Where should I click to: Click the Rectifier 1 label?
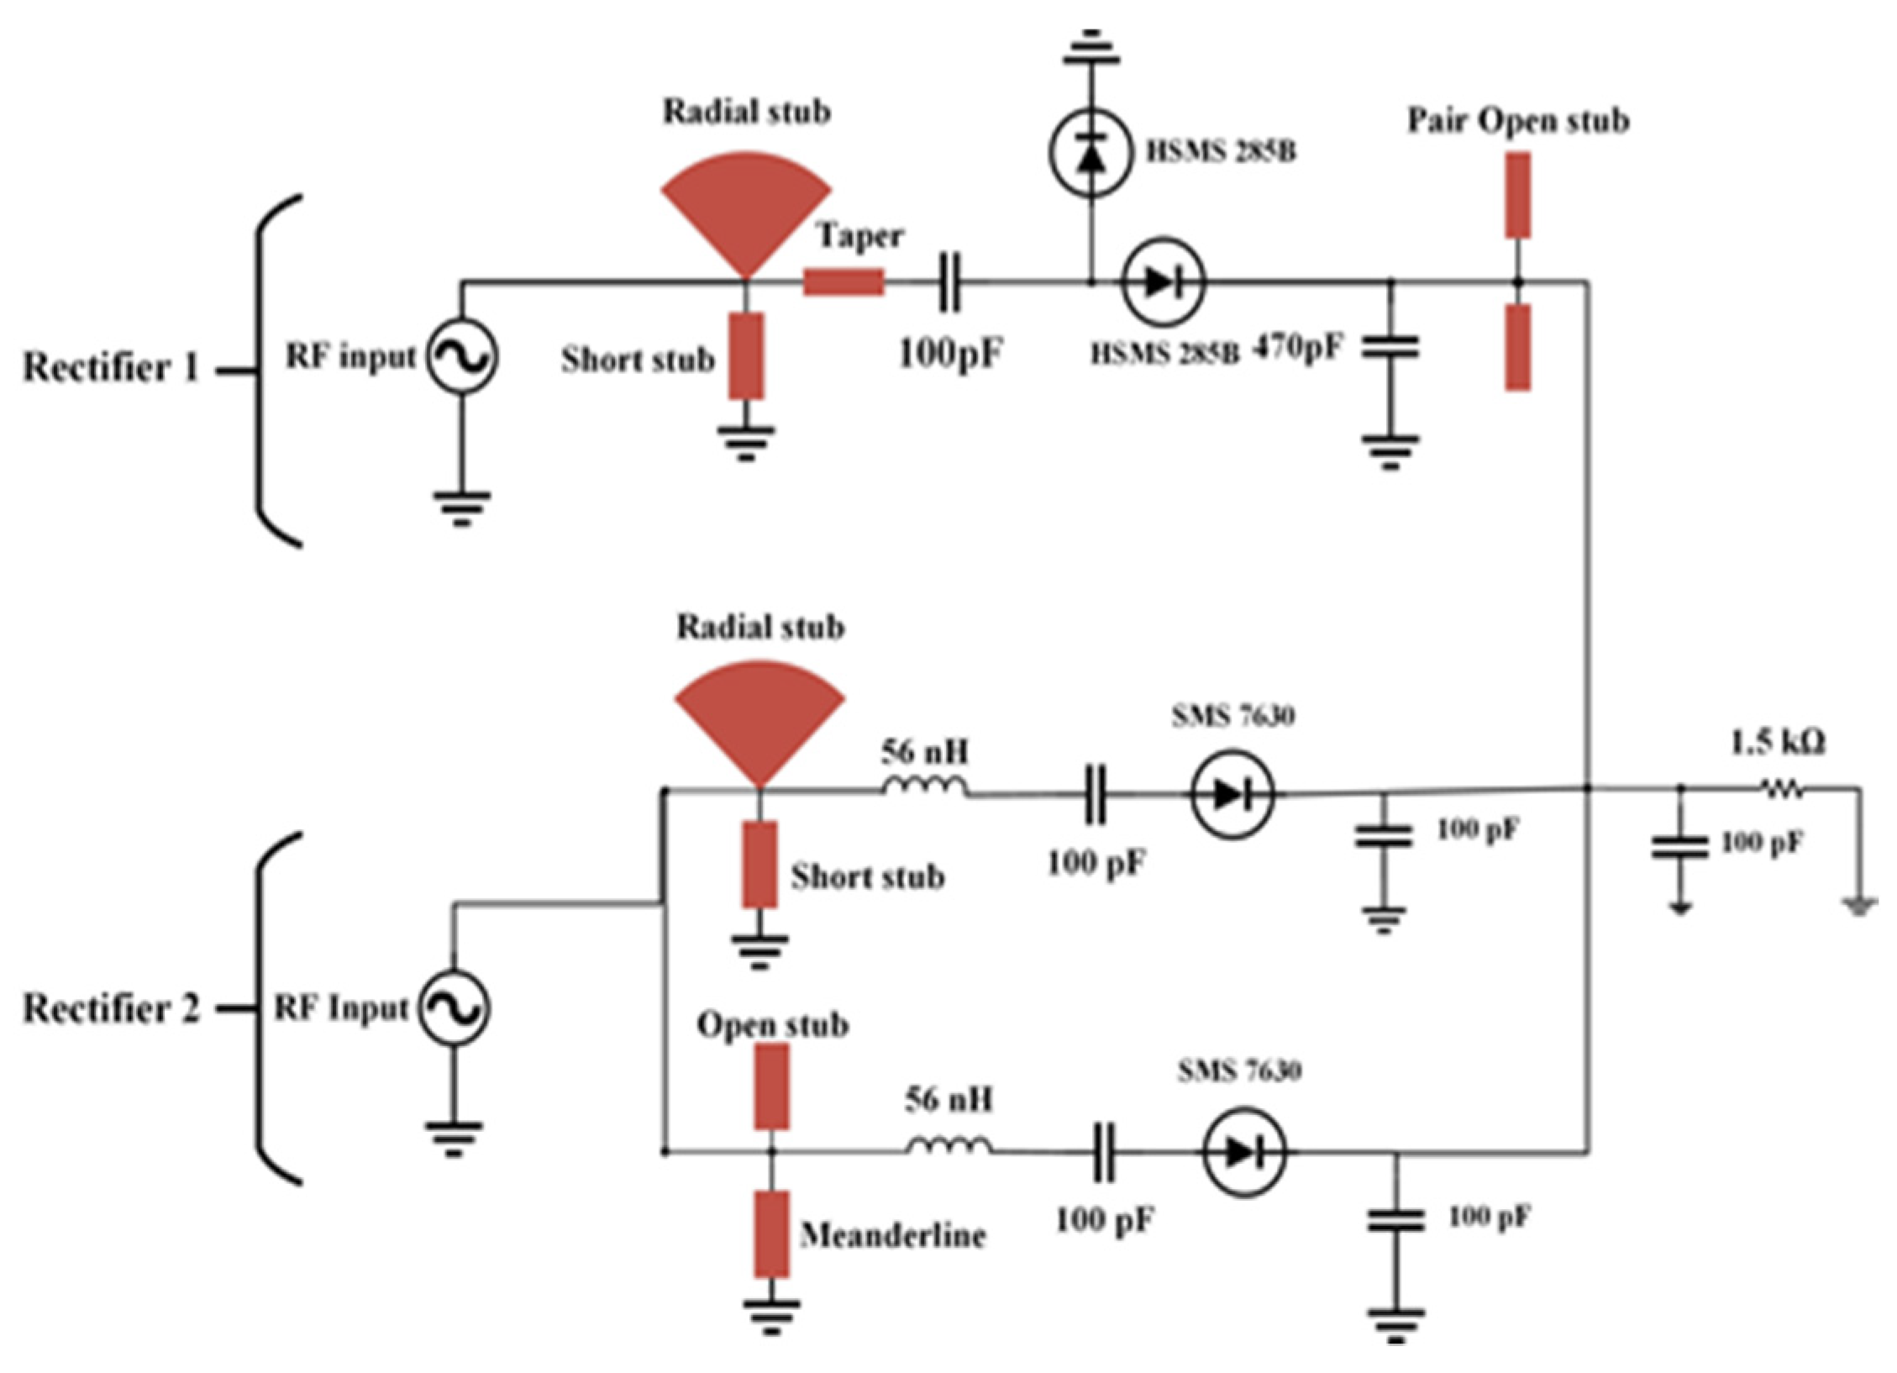click(111, 367)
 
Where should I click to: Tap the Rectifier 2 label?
click(111, 1008)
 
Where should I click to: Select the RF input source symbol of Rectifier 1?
click(460, 356)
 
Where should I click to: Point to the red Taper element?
click(843, 282)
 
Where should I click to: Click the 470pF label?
click(1298, 345)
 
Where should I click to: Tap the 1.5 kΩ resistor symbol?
click(1780, 788)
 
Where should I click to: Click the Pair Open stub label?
click(1518, 121)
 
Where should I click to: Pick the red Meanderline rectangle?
click(771, 1234)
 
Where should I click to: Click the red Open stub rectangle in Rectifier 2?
click(771, 1086)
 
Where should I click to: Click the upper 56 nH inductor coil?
click(925, 786)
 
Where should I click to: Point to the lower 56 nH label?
click(948, 1100)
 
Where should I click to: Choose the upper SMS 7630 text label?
click(1232, 716)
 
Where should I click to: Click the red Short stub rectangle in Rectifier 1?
click(746, 355)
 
